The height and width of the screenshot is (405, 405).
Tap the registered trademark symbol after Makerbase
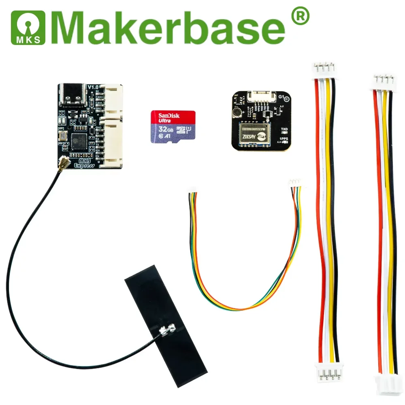[300, 17]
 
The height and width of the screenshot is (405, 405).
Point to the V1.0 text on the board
[93, 87]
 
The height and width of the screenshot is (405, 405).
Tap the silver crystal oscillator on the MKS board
[64, 136]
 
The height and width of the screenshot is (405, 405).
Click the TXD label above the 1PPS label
[285, 129]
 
